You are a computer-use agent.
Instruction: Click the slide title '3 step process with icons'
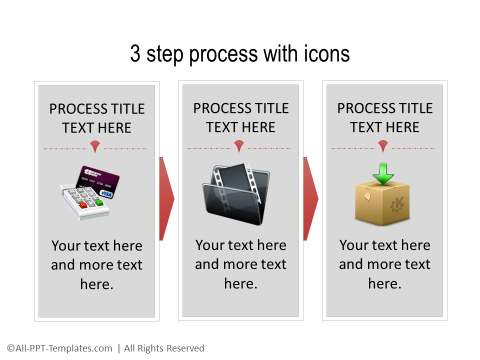coord(240,54)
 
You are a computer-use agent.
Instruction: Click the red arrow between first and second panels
coord(166,197)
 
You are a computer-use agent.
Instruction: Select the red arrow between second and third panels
coord(310,197)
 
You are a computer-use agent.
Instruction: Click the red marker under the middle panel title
coord(240,148)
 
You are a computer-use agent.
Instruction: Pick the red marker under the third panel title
coord(383,148)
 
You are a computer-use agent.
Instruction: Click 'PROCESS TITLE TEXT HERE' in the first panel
coord(96,118)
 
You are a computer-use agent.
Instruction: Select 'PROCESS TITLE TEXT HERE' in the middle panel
coord(240,117)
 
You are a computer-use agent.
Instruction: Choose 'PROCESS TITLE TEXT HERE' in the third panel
coord(383,117)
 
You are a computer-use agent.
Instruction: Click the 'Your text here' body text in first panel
coord(96,265)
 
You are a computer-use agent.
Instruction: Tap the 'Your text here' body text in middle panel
coord(240,264)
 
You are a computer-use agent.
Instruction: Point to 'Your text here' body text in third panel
coord(384,264)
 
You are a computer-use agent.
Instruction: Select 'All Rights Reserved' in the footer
coord(164,348)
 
